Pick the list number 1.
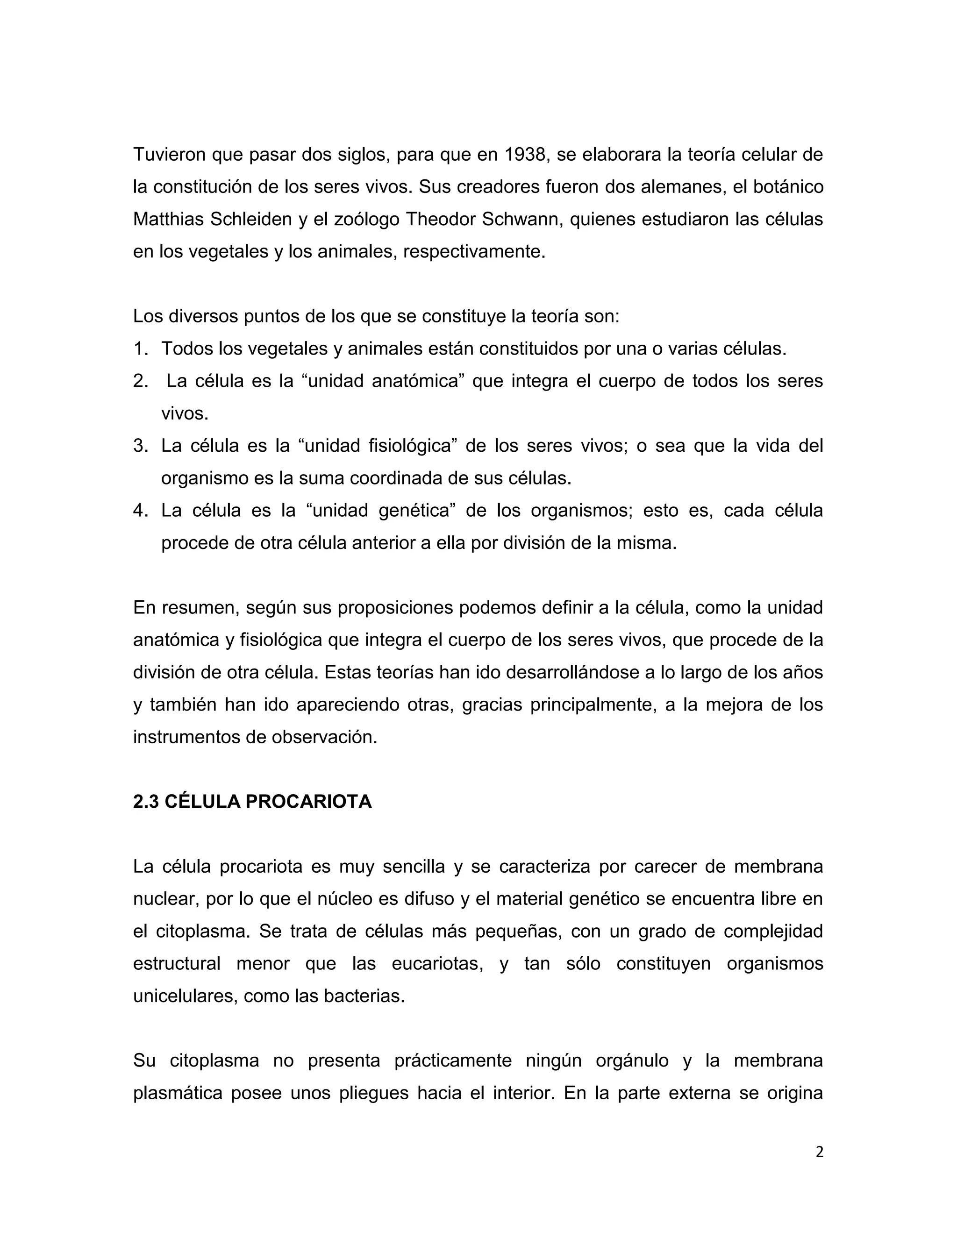click(140, 349)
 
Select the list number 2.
click(140, 381)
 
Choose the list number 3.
click(140, 446)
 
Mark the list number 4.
click(140, 511)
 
